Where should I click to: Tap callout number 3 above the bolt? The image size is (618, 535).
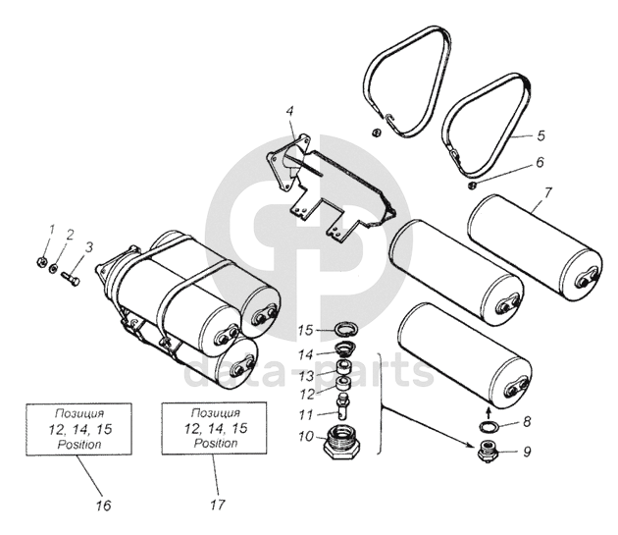point(89,247)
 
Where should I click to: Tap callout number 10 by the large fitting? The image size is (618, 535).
point(306,434)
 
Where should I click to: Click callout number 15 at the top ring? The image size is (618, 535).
point(305,328)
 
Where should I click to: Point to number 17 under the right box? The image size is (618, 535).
point(218,506)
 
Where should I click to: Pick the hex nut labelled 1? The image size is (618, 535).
point(39,262)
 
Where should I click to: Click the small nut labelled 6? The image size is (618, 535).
point(473,182)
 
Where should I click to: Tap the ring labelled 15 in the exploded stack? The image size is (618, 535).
point(343,327)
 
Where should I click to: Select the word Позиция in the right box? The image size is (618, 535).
point(214,412)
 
